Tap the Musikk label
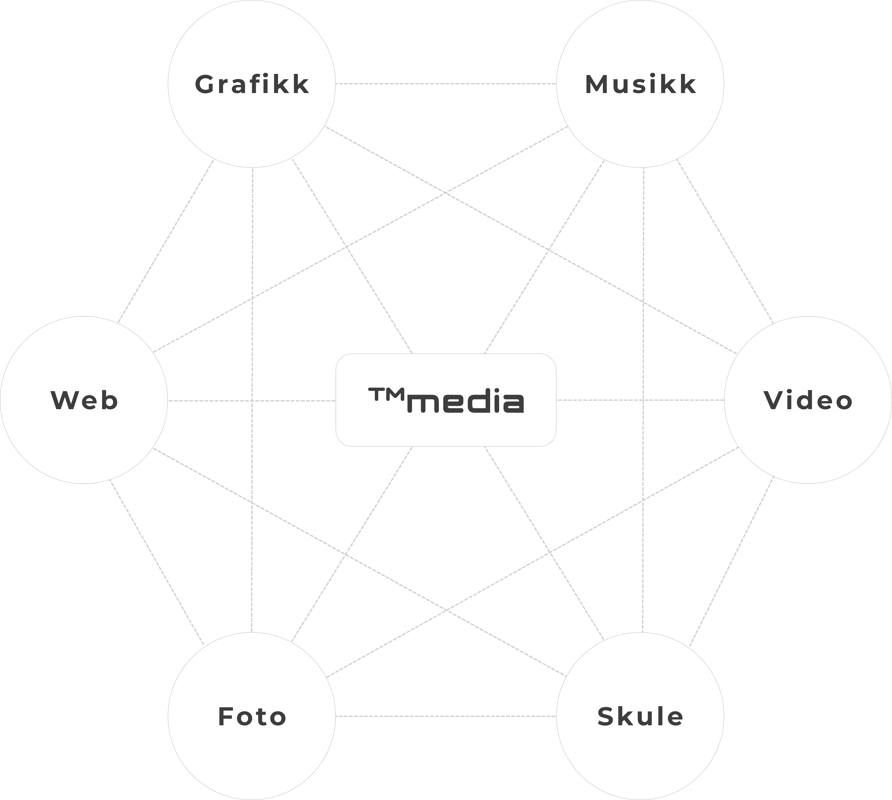pos(640,84)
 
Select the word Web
pos(84,401)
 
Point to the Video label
pos(808,401)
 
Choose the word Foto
pos(252,716)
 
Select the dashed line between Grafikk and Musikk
pos(446,84)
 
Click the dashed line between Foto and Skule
pos(446,716)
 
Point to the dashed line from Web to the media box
pos(252,401)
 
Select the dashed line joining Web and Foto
pos(157,563)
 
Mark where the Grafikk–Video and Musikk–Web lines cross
pos(446,192)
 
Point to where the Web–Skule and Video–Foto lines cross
pos(446,610)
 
